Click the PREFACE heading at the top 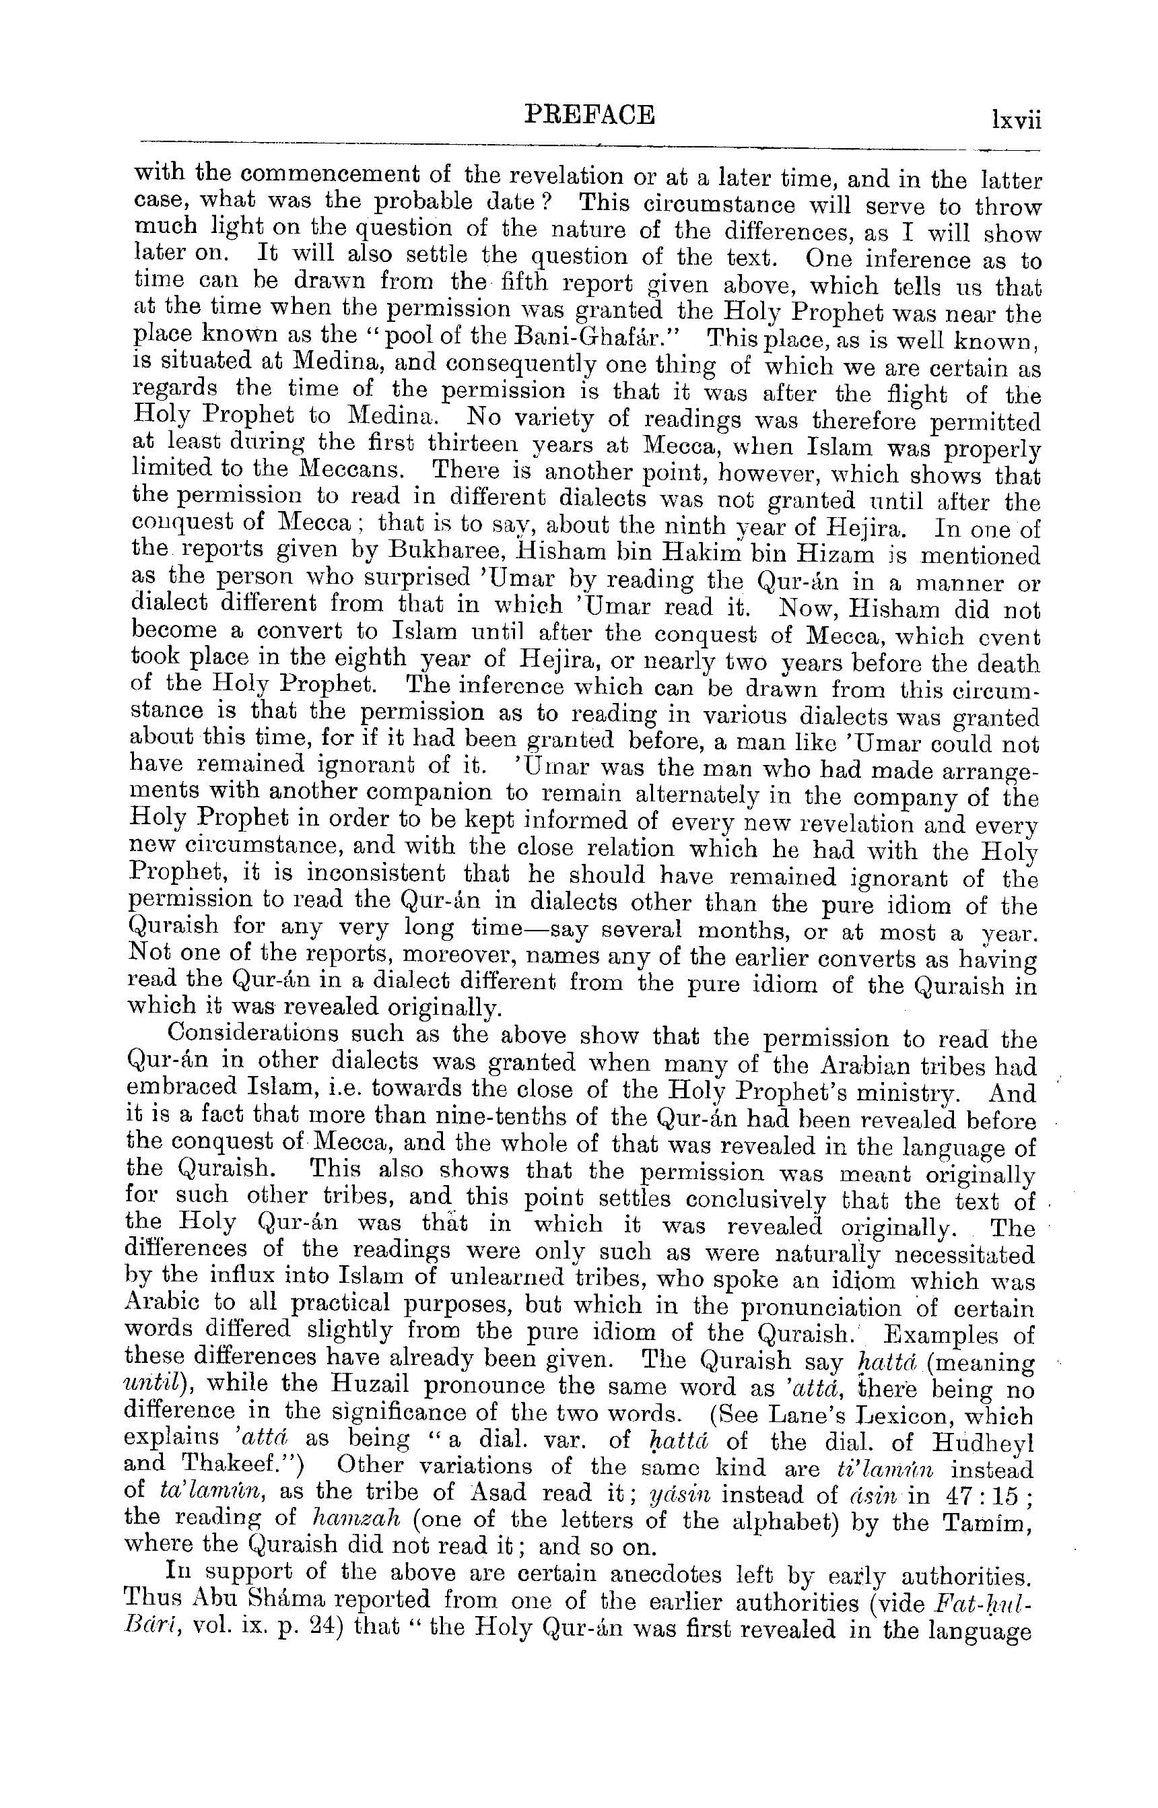click(589, 115)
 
